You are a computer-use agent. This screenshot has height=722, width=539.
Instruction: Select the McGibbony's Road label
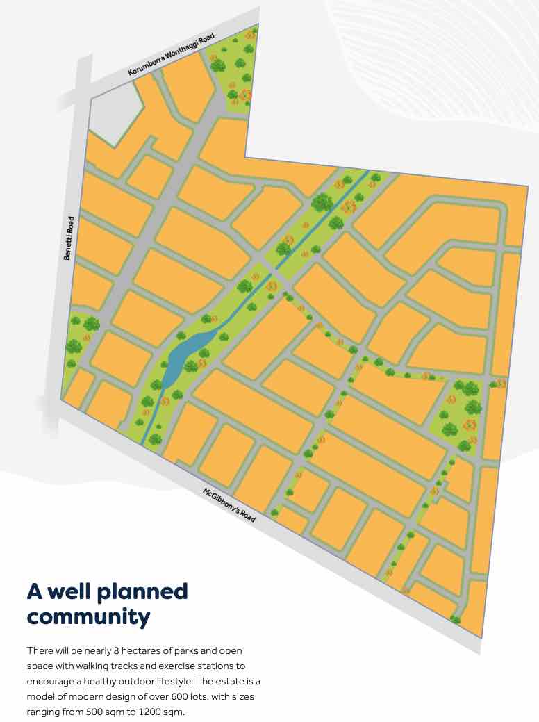(230, 505)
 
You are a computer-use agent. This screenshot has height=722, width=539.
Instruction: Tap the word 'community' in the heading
(88, 616)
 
